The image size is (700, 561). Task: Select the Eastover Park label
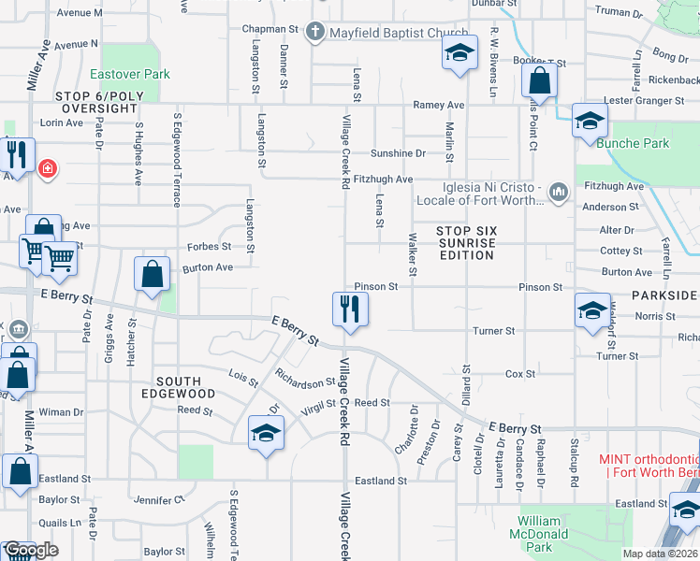pyautogui.click(x=129, y=73)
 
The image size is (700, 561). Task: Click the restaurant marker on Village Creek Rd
pyautogui.click(x=351, y=309)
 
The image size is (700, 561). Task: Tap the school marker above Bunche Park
pyautogui.click(x=590, y=122)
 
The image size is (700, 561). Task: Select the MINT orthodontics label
pyautogui.click(x=649, y=467)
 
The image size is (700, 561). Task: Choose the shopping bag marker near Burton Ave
pyautogui.click(x=153, y=275)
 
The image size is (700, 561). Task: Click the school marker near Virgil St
pyautogui.click(x=267, y=434)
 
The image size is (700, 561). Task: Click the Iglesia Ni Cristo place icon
pyautogui.click(x=559, y=192)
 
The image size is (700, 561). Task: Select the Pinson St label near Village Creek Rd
pyautogui.click(x=376, y=287)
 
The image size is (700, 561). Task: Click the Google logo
pyautogui.click(x=30, y=550)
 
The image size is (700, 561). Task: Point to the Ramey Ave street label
pyautogui.click(x=439, y=105)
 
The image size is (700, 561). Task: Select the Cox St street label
pyautogui.click(x=519, y=374)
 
